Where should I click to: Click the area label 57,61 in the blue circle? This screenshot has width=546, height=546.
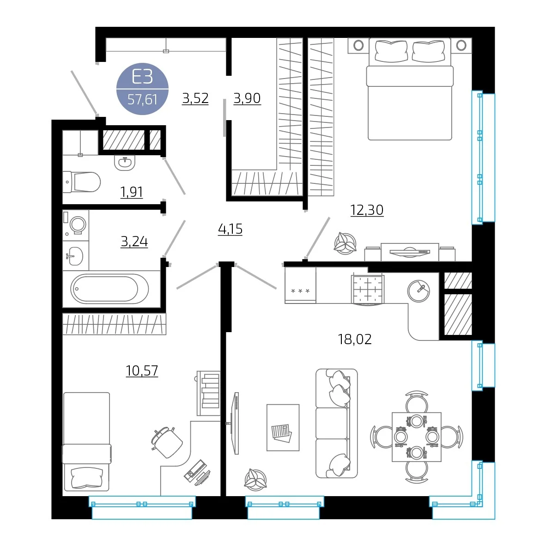pos(142,100)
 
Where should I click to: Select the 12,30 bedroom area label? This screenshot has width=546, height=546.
pos(367,210)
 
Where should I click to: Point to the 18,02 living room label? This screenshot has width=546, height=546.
pos(355,339)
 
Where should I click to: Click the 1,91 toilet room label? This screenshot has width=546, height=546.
pos(132,192)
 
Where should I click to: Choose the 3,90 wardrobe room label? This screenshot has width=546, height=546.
pos(247,98)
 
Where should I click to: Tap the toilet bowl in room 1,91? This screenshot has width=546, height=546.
pos(82,182)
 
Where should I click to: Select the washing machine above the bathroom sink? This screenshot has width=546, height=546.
pos(76,224)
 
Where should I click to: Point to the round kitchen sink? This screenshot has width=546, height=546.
pos(419,291)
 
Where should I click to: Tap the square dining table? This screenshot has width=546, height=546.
pos(417,437)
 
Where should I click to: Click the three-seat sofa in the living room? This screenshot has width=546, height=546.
pos(337,424)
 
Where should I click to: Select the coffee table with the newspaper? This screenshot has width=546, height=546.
pos(283,428)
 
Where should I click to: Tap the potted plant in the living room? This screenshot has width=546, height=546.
pos(255,480)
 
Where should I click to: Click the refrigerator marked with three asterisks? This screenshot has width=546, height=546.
pos(300,285)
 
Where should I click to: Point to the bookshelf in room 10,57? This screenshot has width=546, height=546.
pos(209,393)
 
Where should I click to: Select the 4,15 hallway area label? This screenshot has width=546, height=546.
pos(230,229)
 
